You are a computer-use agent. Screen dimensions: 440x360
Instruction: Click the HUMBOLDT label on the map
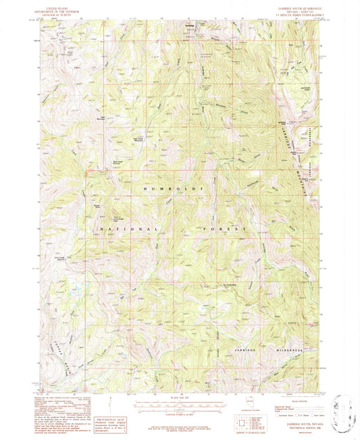[x=170, y=191]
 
